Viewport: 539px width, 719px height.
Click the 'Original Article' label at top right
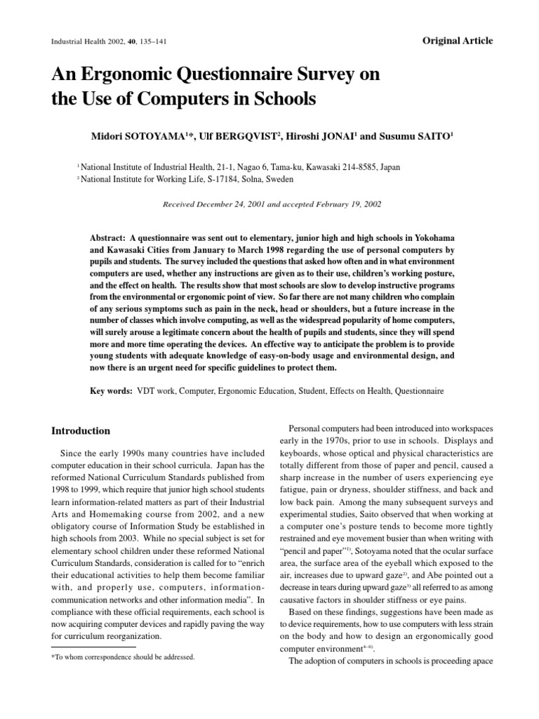pos(458,41)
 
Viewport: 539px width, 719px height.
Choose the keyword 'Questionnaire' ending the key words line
pos(419,389)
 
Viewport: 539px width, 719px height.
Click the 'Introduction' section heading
pos(81,430)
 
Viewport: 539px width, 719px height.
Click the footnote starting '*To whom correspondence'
pos(124,657)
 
